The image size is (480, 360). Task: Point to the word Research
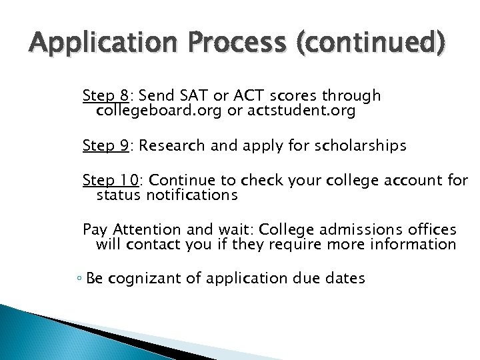click(x=172, y=145)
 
